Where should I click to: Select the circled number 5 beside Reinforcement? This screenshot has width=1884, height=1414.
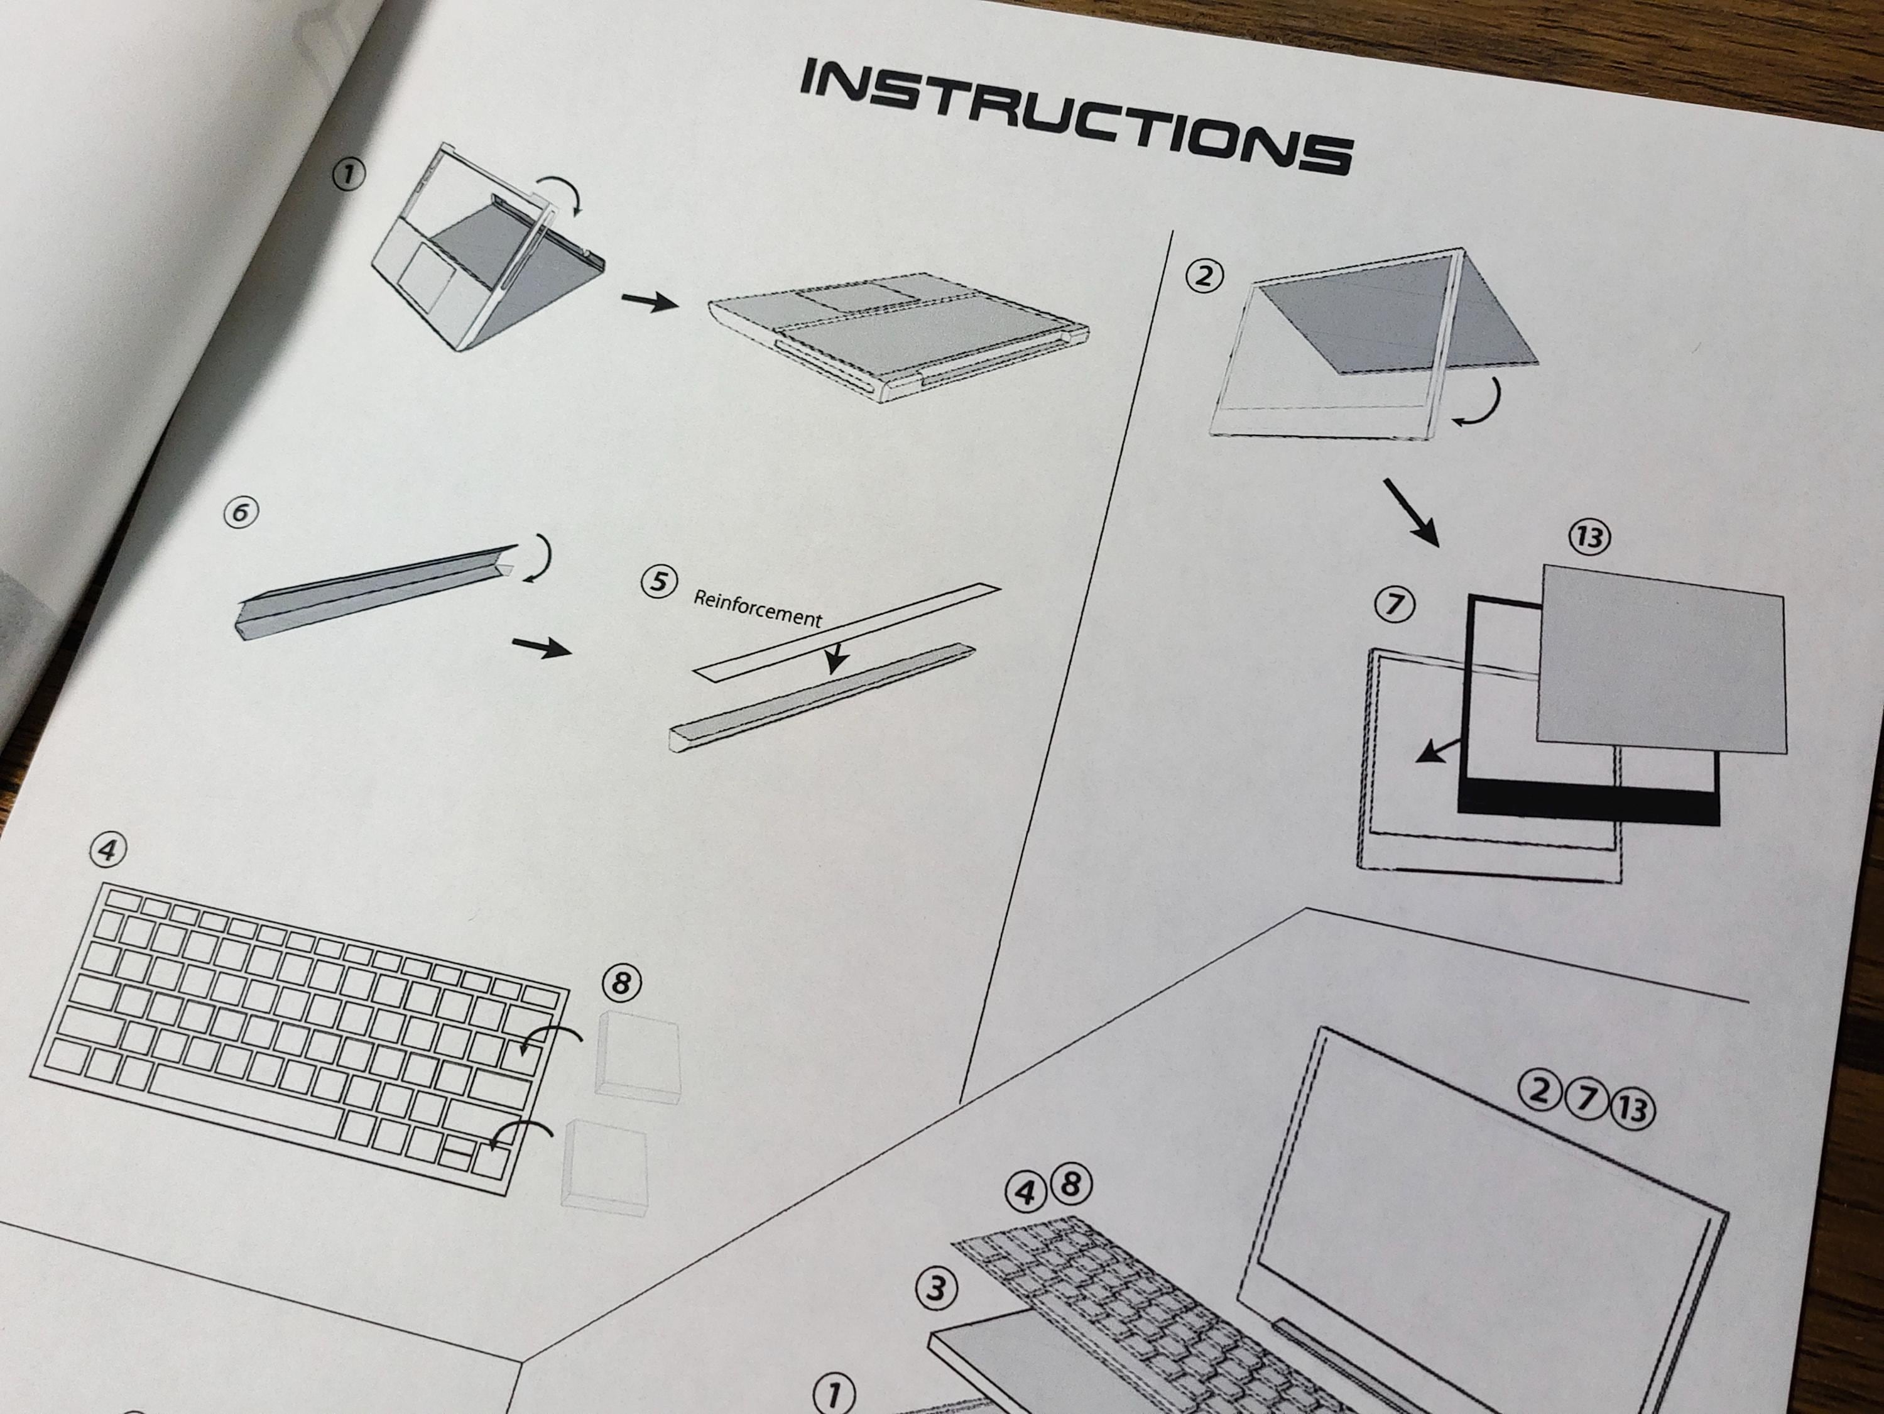[x=658, y=582]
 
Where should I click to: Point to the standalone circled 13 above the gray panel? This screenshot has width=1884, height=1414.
[x=1589, y=537]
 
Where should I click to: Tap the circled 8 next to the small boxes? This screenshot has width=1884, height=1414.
[x=621, y=983]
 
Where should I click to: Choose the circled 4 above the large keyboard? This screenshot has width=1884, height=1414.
[x=107, y=850]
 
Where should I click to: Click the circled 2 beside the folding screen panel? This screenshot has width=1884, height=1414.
[x=1204, y=276]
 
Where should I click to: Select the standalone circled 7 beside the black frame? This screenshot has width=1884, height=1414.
[x=1394, y=605]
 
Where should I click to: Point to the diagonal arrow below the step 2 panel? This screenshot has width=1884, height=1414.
[x=1410, y=511]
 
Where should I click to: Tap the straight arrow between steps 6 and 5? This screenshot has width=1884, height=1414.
[x=541, y=647]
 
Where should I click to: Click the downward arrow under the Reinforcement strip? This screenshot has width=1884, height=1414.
[x=836, y=657]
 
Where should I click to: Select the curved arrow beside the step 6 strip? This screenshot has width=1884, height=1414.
[x=540, y=558]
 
